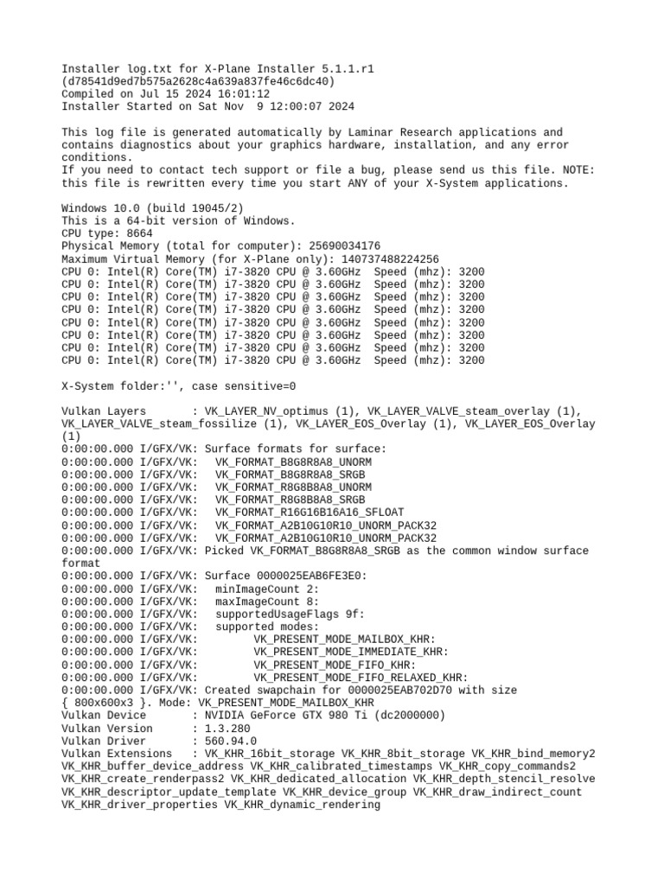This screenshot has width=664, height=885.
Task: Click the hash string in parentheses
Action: pos(198,81)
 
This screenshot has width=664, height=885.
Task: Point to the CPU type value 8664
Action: pos(139,233)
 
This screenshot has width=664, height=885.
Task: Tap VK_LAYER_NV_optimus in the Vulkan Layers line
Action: pos(270,411)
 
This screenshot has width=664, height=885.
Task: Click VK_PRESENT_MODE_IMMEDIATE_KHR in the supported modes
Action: pos(351,653)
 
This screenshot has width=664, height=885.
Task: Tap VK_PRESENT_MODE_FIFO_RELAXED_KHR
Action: pos(361,678)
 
